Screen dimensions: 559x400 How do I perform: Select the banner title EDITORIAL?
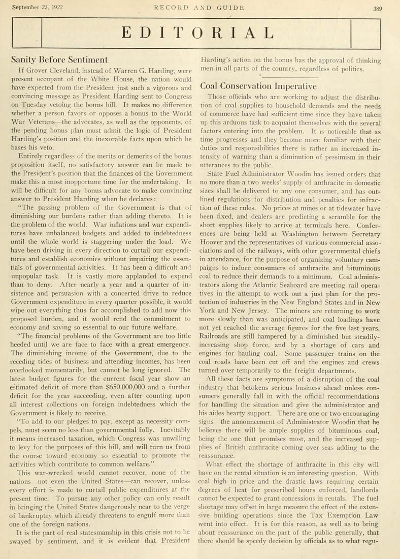(x=198, y=34)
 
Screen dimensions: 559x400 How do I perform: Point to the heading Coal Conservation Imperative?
(x=259, y=86)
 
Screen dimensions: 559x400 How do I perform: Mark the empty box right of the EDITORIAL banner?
(x=365, y=34)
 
